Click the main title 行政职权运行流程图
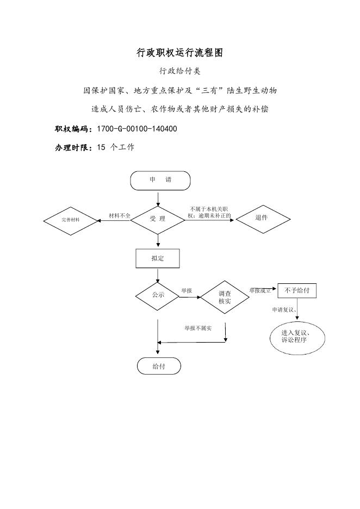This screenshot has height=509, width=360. coord(180,53)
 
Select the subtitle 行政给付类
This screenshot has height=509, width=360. coord(180,71)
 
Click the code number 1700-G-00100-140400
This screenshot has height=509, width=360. coord(137,129)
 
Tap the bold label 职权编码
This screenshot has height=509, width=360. coord(73,129)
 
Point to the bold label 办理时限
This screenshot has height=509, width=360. coord(73,148)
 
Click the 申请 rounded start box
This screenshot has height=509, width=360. coord(160,181)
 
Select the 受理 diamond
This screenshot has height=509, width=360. coord(158,220)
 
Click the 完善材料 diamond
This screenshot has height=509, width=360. coord(71,221)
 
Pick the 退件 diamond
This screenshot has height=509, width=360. coord(263,219)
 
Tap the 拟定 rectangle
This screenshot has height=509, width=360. coord(158,258)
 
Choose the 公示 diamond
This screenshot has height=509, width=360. coord(158,296)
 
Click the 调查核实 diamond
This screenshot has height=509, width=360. coord(225,297)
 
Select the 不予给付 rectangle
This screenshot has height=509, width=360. coord(297,291)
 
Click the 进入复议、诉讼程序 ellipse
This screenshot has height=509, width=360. coord(297,338)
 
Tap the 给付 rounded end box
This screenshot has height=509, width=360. coord(159,366)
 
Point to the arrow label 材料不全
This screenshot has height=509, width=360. coord(120,215)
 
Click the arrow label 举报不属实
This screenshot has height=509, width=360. coord(198,328)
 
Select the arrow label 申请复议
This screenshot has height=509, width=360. coord(282,309)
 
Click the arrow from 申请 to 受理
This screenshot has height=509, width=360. coord(158,200)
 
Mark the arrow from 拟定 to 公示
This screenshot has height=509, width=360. coord(158,275)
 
